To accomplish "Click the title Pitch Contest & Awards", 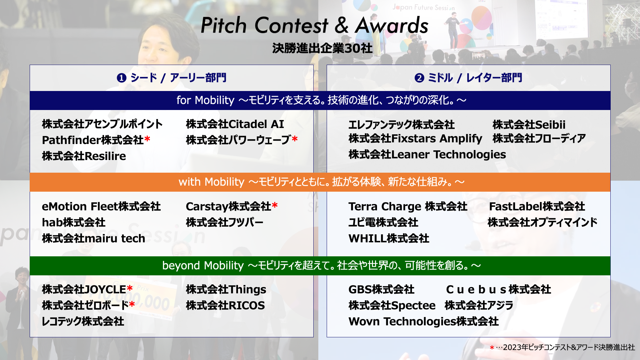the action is pyautogui.click(x=314, y=25).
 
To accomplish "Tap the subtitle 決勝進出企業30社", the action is pyautogui.click(x=322, y=48).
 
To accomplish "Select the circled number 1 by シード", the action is pyautogui.click(x=121, y=78).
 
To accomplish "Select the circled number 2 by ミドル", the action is pyautogui.click(x=419, y=78).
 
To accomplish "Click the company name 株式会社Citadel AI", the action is pyautogui.click(x=235, y=124).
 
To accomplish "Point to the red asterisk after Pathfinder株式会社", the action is pyautogui.click(x=147, y=139).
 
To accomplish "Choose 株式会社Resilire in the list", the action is pyautogui.click(x=84, y=156).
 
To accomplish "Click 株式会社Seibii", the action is pyautogui.click(x=529, y=125).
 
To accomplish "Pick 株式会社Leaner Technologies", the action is pyautogui.click(x=427, y=155).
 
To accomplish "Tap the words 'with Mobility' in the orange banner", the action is pyautogui.click(x=212, y=182).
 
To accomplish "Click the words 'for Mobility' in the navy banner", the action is pyautogui.click(x=205, y=100).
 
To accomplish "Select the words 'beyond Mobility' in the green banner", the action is pyautogui.click(x=203, y=266).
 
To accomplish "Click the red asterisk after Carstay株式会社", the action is pyautogui.click(x=275, y=205).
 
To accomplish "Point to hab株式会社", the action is pyautogui.click(x=74, y=222).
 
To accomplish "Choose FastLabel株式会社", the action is pyautogui.click(x=537, y=206).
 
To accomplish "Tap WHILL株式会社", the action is pyautogui.click(x=389, y=238).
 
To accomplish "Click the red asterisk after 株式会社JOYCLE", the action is pyautogui.click(x=130, y=288).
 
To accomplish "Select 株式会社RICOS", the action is pyautogui.click(x=225, y=305).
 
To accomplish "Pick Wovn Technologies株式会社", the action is pyautogui.click(x=424, y=321).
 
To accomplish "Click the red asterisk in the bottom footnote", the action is pyautogui.click(x=492, y=348).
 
